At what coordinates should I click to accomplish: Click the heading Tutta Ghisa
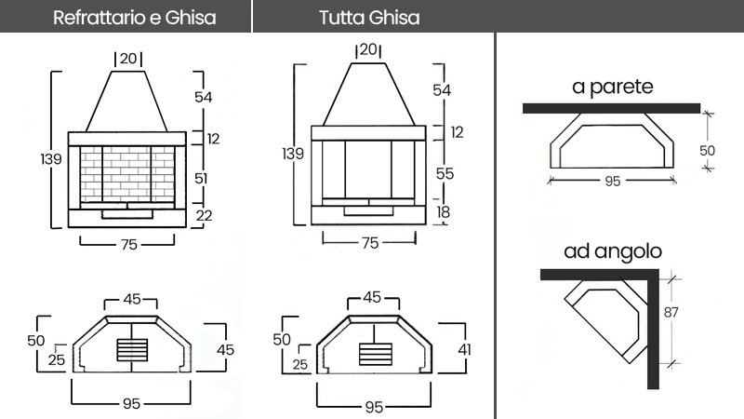(368, 18)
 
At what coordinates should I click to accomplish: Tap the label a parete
(613, 88)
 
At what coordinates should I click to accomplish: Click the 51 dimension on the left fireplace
(214, 177)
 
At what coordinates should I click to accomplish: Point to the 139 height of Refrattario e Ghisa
(51, 159)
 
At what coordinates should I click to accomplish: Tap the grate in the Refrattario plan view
(133, 350)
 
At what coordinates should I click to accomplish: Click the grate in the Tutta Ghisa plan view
(374, 355)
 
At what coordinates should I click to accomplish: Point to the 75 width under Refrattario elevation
(129, 244)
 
